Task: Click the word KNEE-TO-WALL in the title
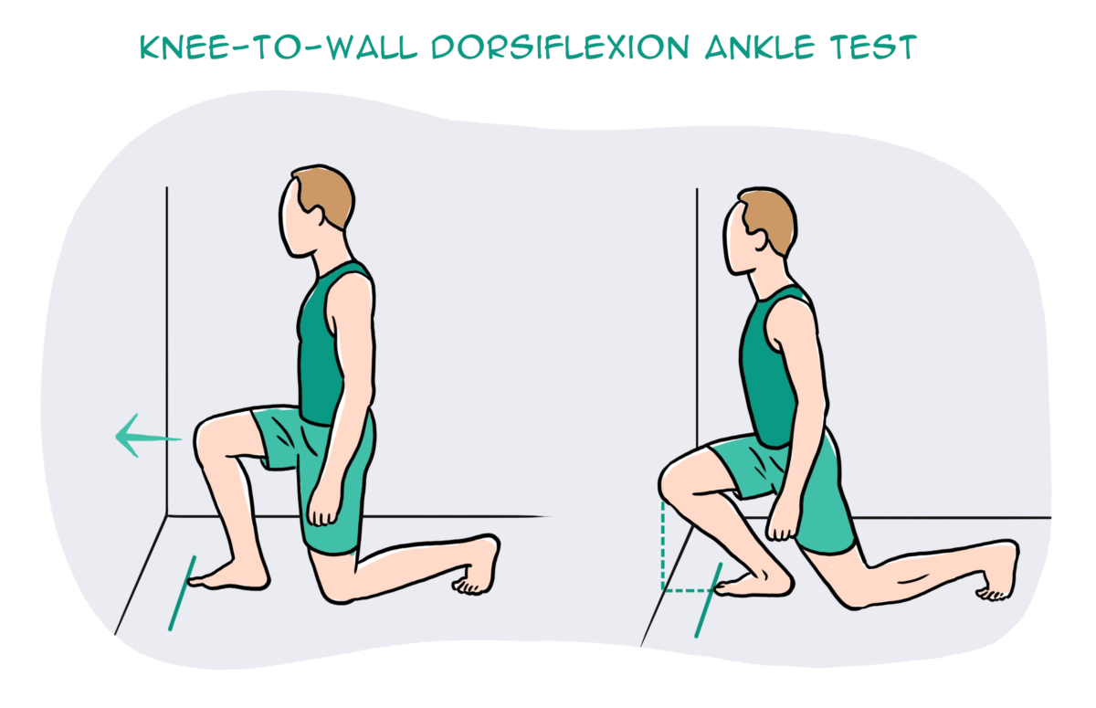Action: coord(269,48)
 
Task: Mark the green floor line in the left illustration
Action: coord(182,594)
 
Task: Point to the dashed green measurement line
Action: coord(663,548)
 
